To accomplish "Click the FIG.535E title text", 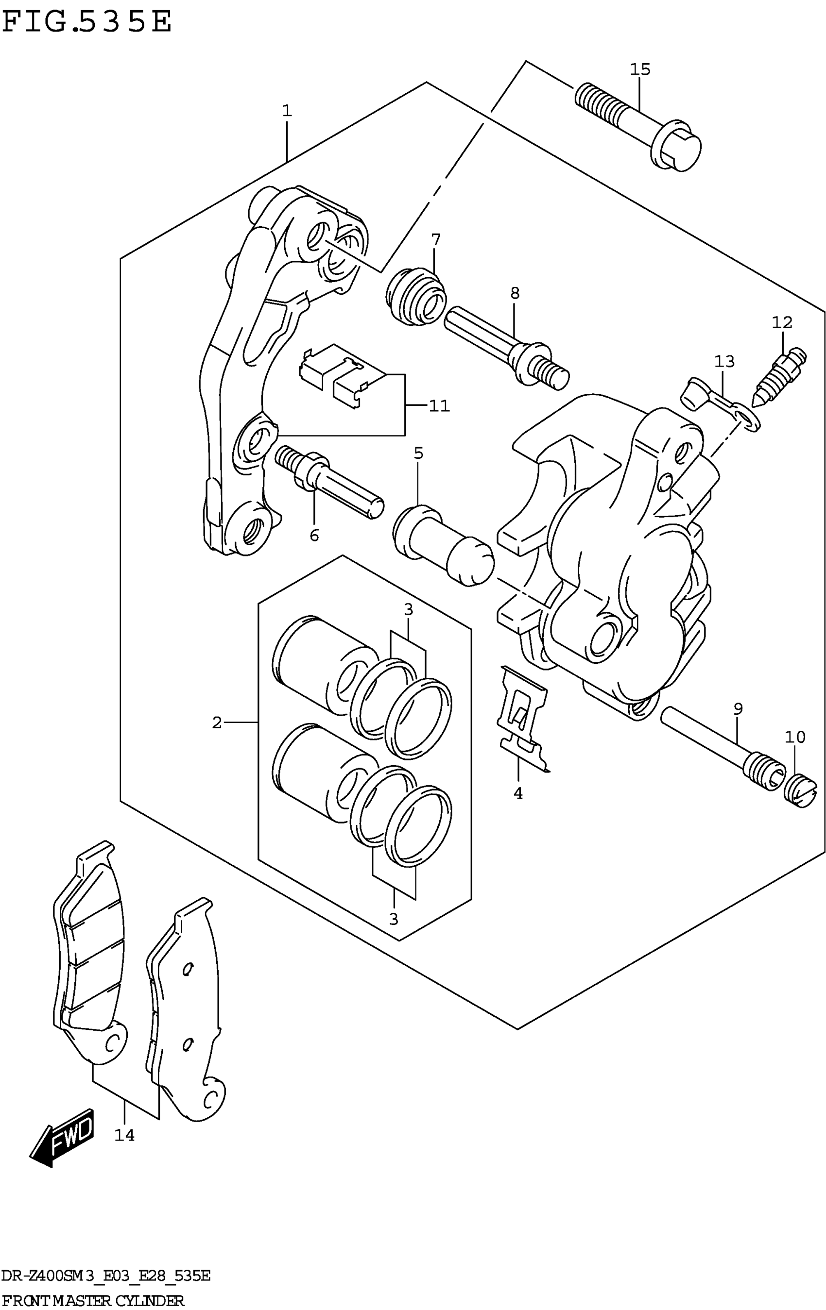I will point(87,23).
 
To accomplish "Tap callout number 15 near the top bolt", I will point(640,69).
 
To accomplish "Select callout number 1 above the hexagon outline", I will point(287,111).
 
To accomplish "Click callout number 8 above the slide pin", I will point(515,293).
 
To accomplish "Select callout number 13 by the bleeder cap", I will point(724,361).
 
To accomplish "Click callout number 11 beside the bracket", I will point(439,406).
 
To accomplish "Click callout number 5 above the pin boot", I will point(418,453).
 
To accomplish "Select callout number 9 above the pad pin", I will point(738,709).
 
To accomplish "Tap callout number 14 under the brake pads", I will point(124,1135).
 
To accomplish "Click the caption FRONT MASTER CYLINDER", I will point(93,1301).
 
